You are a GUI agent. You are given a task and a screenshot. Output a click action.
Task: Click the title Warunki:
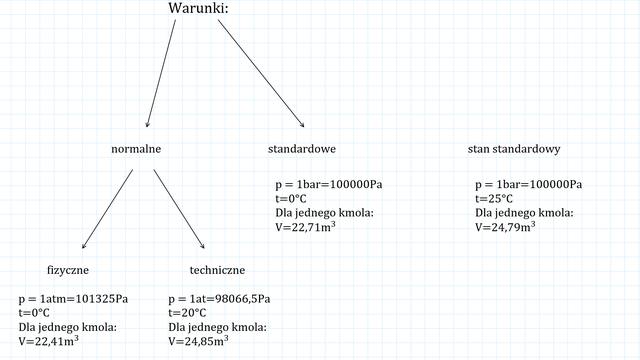click(198, 8)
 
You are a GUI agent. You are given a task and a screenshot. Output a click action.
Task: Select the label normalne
click(136, 149)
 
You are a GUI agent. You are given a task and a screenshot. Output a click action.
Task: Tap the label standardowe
click(302, 149)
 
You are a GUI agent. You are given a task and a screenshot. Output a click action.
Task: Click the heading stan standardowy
click(514, 149)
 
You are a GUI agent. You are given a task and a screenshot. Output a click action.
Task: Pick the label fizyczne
click(68, 270)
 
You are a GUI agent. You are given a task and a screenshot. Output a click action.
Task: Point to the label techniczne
click(217, 270)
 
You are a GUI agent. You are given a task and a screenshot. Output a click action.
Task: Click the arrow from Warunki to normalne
click(161, 73)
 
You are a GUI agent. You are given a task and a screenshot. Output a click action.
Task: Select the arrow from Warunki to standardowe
click(261, 73)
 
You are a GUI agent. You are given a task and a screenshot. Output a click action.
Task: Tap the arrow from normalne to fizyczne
click(107, 209)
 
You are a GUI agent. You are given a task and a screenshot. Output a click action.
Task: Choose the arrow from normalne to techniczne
click(179, 209)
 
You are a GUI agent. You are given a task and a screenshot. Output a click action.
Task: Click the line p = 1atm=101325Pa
click(73, 299)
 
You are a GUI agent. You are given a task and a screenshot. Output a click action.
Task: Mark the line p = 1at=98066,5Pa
click(219, 299)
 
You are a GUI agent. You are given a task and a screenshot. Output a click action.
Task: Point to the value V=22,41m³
click(49, 341)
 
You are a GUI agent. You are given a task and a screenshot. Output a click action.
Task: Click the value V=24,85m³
click(198, 341)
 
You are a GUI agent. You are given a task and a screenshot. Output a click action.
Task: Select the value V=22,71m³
click(305, 227)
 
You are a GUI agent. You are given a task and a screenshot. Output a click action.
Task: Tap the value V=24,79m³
click(505, 227)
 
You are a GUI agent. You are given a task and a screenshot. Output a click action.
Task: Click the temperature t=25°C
click(494, 199)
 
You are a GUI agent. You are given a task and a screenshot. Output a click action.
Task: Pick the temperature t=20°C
click(187, 313)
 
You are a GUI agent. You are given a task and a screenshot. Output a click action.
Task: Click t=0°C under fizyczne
click(34, 313)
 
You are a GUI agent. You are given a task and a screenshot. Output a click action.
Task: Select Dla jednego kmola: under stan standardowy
click(524, 213)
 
